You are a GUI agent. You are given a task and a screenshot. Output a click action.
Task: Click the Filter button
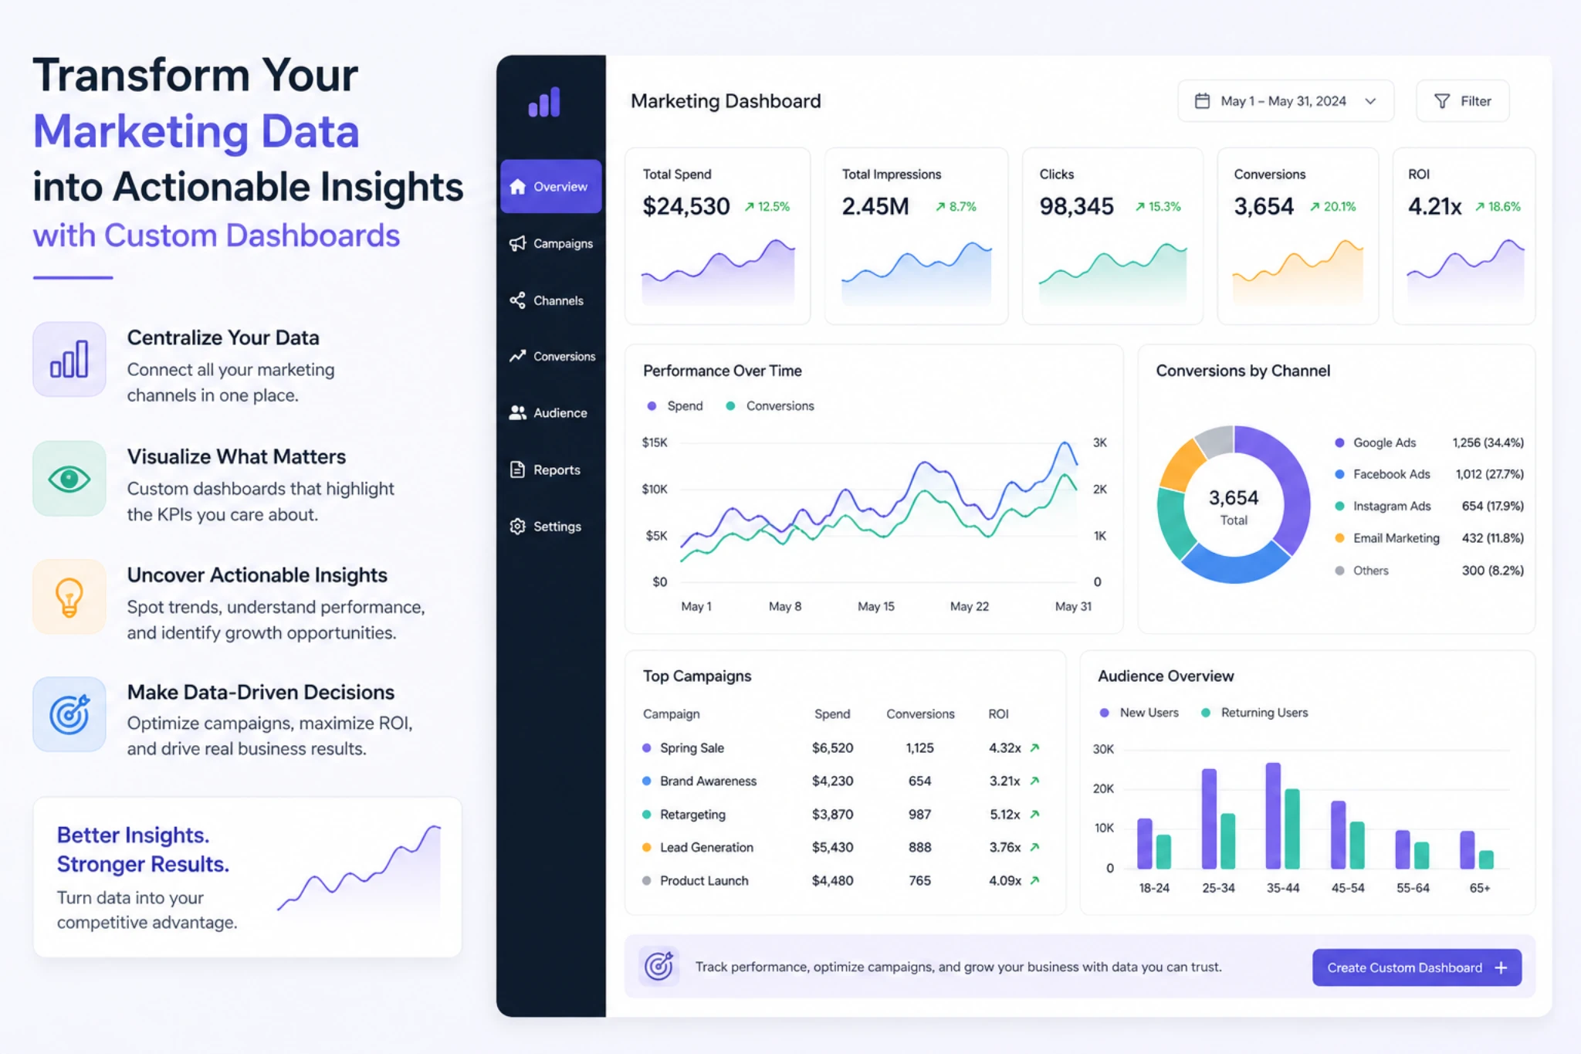1462,101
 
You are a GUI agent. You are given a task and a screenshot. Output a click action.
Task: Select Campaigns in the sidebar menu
550,243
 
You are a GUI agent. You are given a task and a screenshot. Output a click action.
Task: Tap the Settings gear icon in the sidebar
517,527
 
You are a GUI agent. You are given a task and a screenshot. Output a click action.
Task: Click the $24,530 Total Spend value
686,206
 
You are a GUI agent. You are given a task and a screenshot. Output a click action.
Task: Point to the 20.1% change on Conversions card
1333,207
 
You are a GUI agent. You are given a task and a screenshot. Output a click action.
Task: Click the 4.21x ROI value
1434,206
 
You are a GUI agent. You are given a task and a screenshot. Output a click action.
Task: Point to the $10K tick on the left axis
655,490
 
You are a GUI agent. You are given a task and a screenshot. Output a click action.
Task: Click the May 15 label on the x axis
875,607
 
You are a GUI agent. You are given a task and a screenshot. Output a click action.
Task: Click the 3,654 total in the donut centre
1233,498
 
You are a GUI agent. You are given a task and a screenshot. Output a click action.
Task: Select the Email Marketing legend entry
1395,538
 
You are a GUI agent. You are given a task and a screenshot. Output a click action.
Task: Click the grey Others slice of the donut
1215,440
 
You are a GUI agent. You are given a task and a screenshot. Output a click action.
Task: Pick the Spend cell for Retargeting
832,815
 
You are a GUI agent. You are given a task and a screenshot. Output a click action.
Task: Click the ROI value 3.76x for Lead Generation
1004,848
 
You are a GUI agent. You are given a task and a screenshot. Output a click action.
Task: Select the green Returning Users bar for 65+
1485,859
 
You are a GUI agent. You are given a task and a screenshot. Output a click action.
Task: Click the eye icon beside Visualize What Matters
69,479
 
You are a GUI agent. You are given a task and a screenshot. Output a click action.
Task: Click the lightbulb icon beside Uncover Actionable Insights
69,597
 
